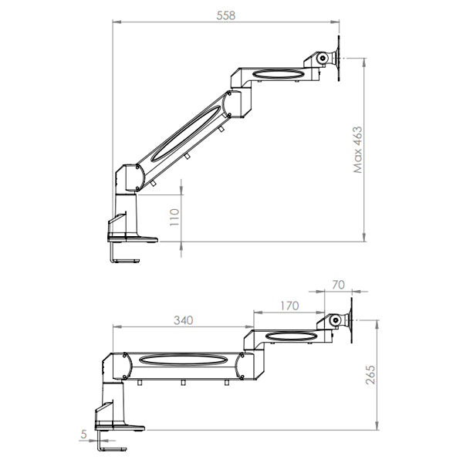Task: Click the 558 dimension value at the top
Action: tap(226, 15)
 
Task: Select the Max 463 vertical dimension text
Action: tap(357, 150)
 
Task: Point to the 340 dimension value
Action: tap(183, 319)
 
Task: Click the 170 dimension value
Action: tap(289, 306)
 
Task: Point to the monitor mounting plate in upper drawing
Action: tap(339, 57)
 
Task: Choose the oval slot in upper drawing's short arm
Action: tap(275, 75)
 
